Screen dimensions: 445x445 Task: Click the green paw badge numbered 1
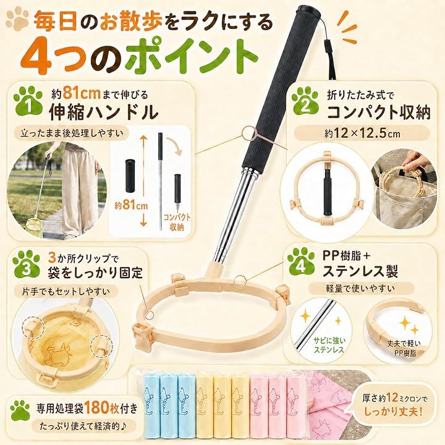coord(28,101)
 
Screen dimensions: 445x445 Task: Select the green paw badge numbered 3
coord(26,265)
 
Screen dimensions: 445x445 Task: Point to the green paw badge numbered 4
coord(302,261)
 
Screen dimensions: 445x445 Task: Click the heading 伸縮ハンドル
coord(104,111)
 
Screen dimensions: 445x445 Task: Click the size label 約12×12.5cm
coord(362,133)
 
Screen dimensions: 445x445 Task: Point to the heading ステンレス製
coord(360,271)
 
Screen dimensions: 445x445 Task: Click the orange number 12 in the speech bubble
coord(392,398)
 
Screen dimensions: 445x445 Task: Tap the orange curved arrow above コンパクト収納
coord(174,145)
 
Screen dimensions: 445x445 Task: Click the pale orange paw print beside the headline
coord(17,19)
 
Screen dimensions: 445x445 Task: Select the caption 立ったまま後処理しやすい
coord(71,133)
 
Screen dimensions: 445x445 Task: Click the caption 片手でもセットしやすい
coord(66,292)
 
